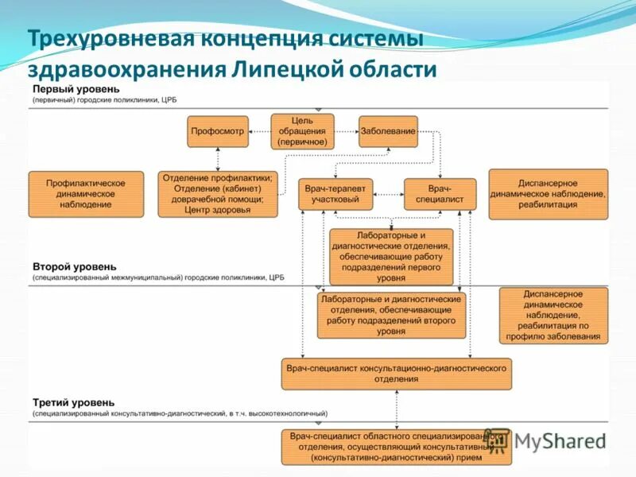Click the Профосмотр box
pos(218,131)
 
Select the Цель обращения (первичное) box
pos(302,131)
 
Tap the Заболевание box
pos(387,131)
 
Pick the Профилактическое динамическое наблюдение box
pos(86,194)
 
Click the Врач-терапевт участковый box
pos(335,194)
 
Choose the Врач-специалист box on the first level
pos(440,194)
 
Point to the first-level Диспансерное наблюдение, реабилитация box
pos(547,194)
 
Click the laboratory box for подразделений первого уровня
pos(390,256)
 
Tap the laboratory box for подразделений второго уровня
pos(390,315)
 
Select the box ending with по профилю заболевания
pos(553,316)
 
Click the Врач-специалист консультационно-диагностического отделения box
pos(396,374)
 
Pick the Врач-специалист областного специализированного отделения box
pos(396,447)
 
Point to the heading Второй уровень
pos(75,266)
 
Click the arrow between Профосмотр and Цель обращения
pos(259,131)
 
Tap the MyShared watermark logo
pos(549,440)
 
